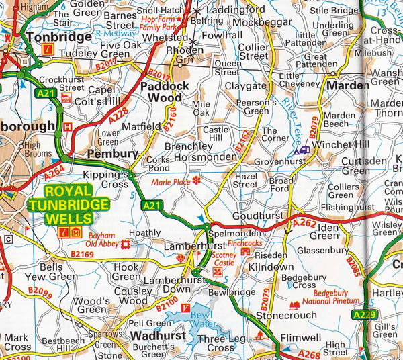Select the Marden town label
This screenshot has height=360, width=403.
tap(348, 85)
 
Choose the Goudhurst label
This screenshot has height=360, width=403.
tap(259, 216)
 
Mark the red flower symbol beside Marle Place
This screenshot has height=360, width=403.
tap(196, 180)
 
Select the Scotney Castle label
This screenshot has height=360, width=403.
tap(224, 259)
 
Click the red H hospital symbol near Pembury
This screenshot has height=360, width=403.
tap(66, 126)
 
